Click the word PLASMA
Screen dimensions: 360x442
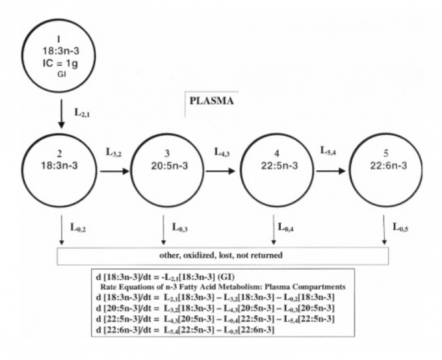click(x=211, y=101)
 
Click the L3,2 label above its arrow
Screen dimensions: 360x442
click(x=114, y=153)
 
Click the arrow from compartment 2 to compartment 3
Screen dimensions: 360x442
click(x=114, y=173)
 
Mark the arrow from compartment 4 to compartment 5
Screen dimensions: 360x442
click(x=331, y=173)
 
